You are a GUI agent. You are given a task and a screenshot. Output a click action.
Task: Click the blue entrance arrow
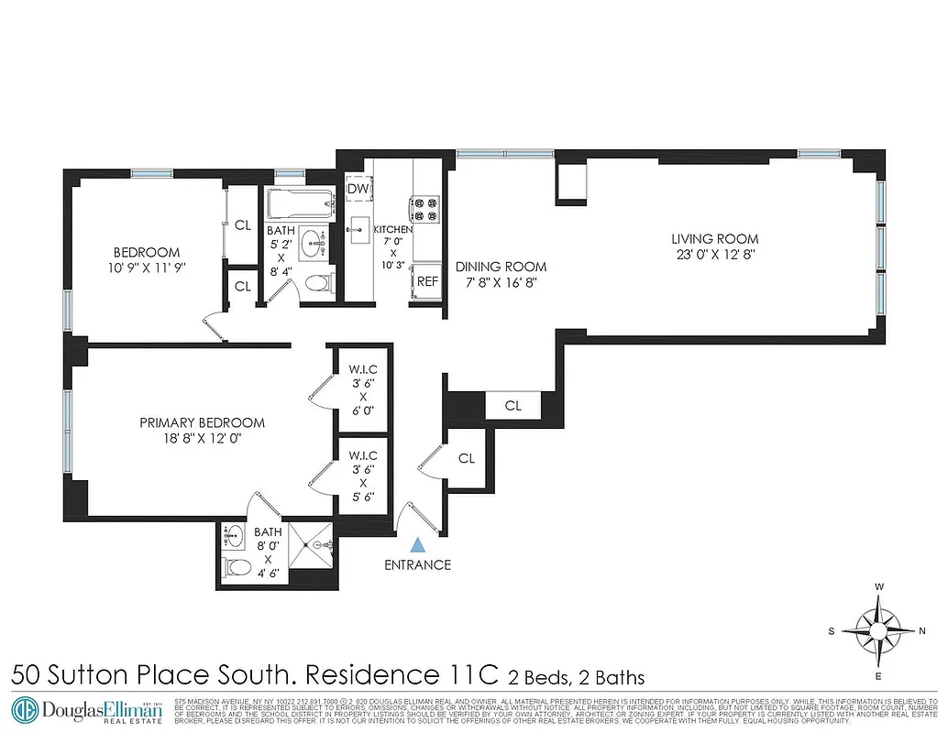pyautogui.click(x=418, y=544)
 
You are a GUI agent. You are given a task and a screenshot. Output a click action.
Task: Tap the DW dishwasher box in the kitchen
pyautogui.click(x=358, y=190)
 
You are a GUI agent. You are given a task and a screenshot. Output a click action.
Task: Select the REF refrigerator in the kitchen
pyautogui.click(x=427, y=282)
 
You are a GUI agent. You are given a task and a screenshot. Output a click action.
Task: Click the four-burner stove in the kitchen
pyautogui.click(x=424, y=210)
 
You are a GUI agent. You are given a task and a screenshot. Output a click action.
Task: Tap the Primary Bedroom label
pyautogui.click(x=202, y=422)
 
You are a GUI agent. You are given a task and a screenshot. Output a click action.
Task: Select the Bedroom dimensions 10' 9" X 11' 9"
pyautogui.click(x=147, y=268)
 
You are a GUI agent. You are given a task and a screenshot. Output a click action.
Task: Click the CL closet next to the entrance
pyautogui.click(x=467, y=458)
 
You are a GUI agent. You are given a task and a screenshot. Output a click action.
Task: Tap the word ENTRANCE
pyautogui.click(x=418, y=564)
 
